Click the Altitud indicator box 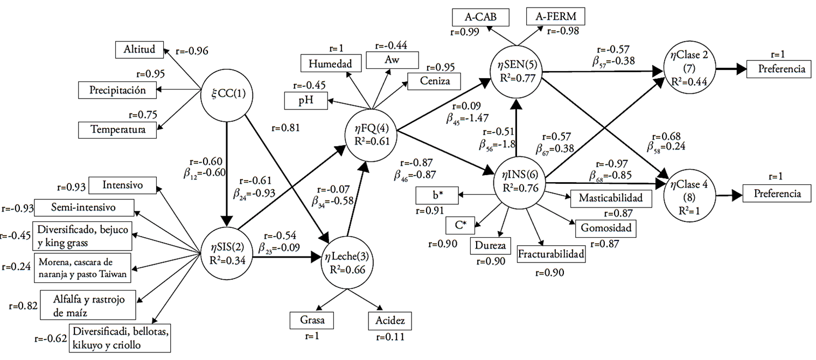pos(140,50)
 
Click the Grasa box pos(311,320)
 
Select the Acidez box pos(390,320)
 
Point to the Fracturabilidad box pos(550,254)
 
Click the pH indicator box pos(306,101)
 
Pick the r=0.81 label pos(284,128)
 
